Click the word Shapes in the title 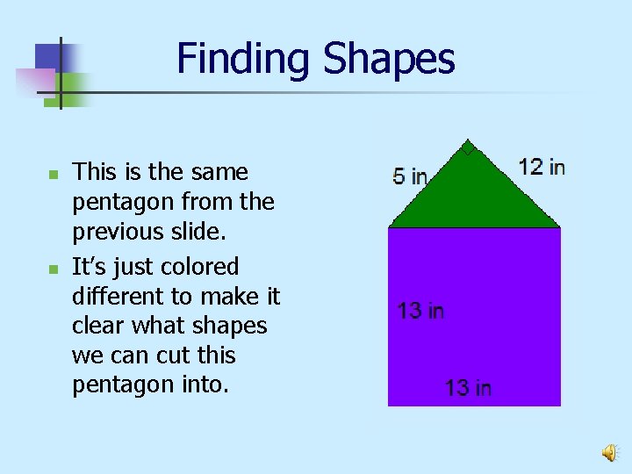(389, 59)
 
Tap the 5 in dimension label (410, 176)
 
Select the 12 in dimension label (542, 166)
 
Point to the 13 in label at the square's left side (420, 310)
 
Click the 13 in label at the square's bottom (468, 387)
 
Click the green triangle (473, 197)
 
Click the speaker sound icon (608, 452)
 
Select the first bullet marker (53, 176)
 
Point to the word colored (200, 266)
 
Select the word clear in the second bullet (97, 326)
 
